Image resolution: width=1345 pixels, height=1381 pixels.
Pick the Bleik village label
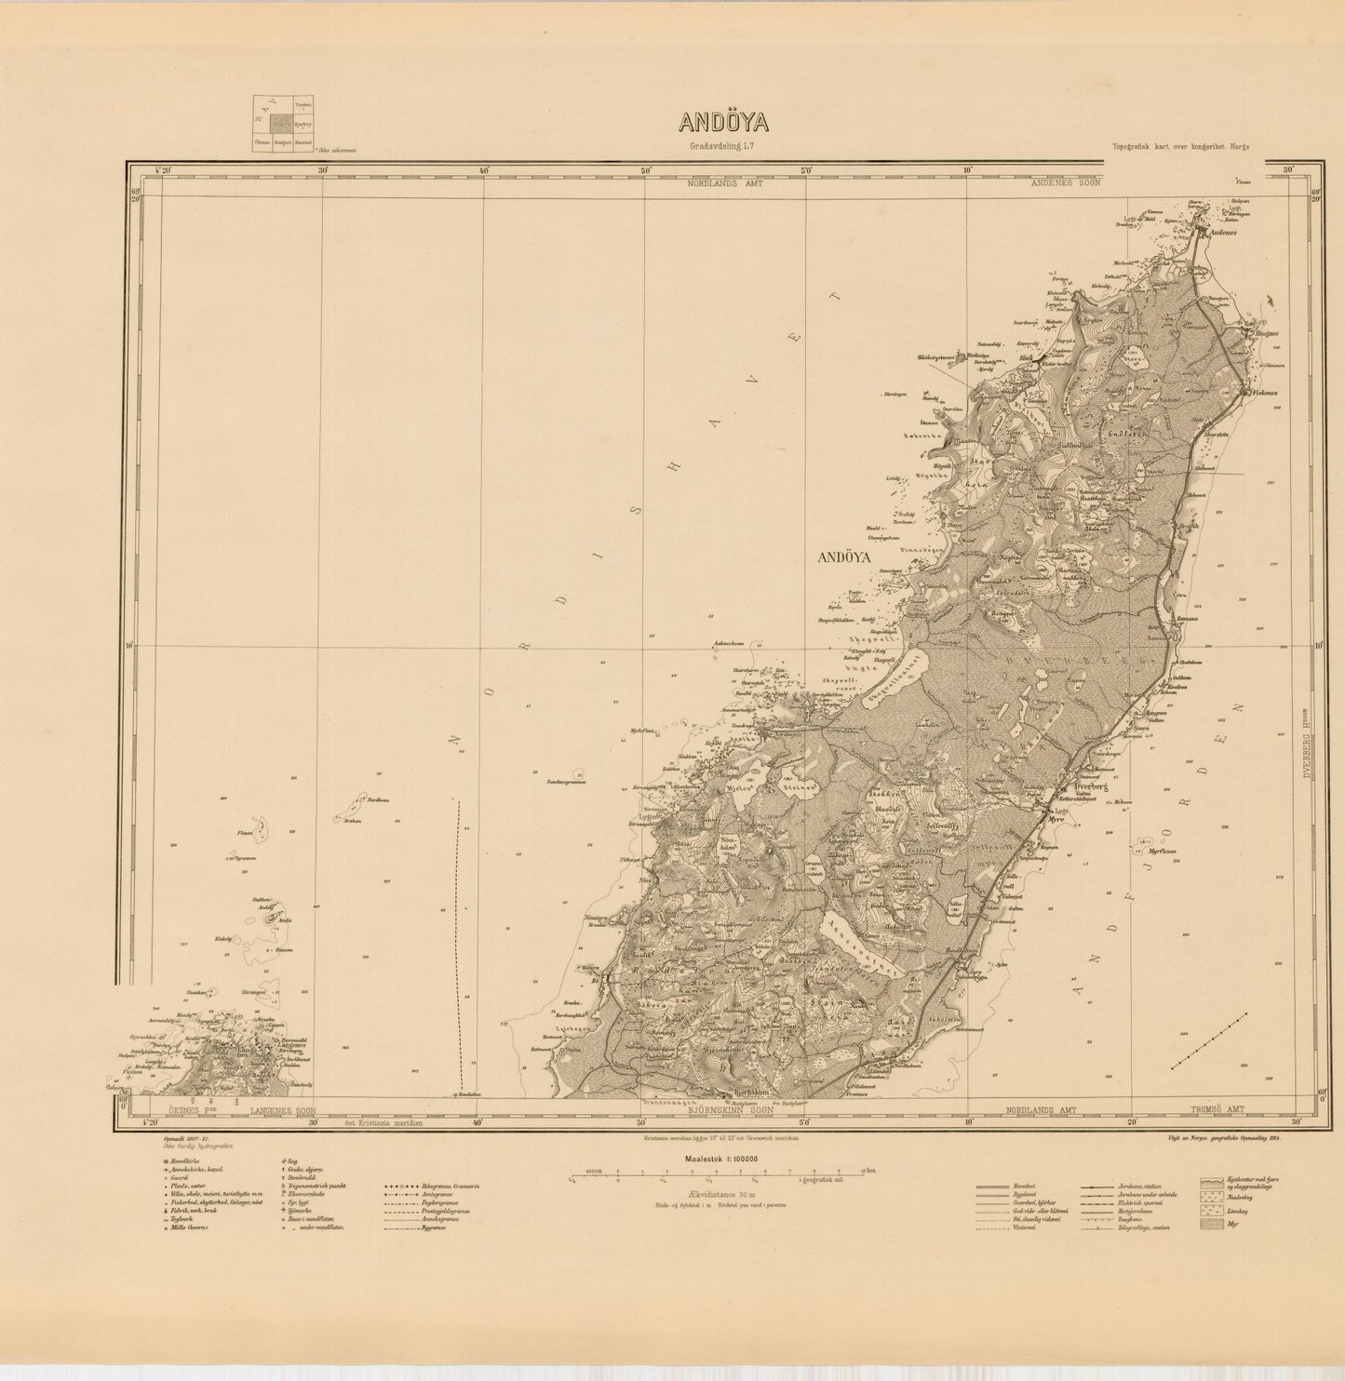1027,357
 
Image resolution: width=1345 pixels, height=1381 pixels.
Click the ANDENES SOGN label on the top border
1065,183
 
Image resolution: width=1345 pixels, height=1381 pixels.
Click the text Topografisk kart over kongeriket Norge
1180,147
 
